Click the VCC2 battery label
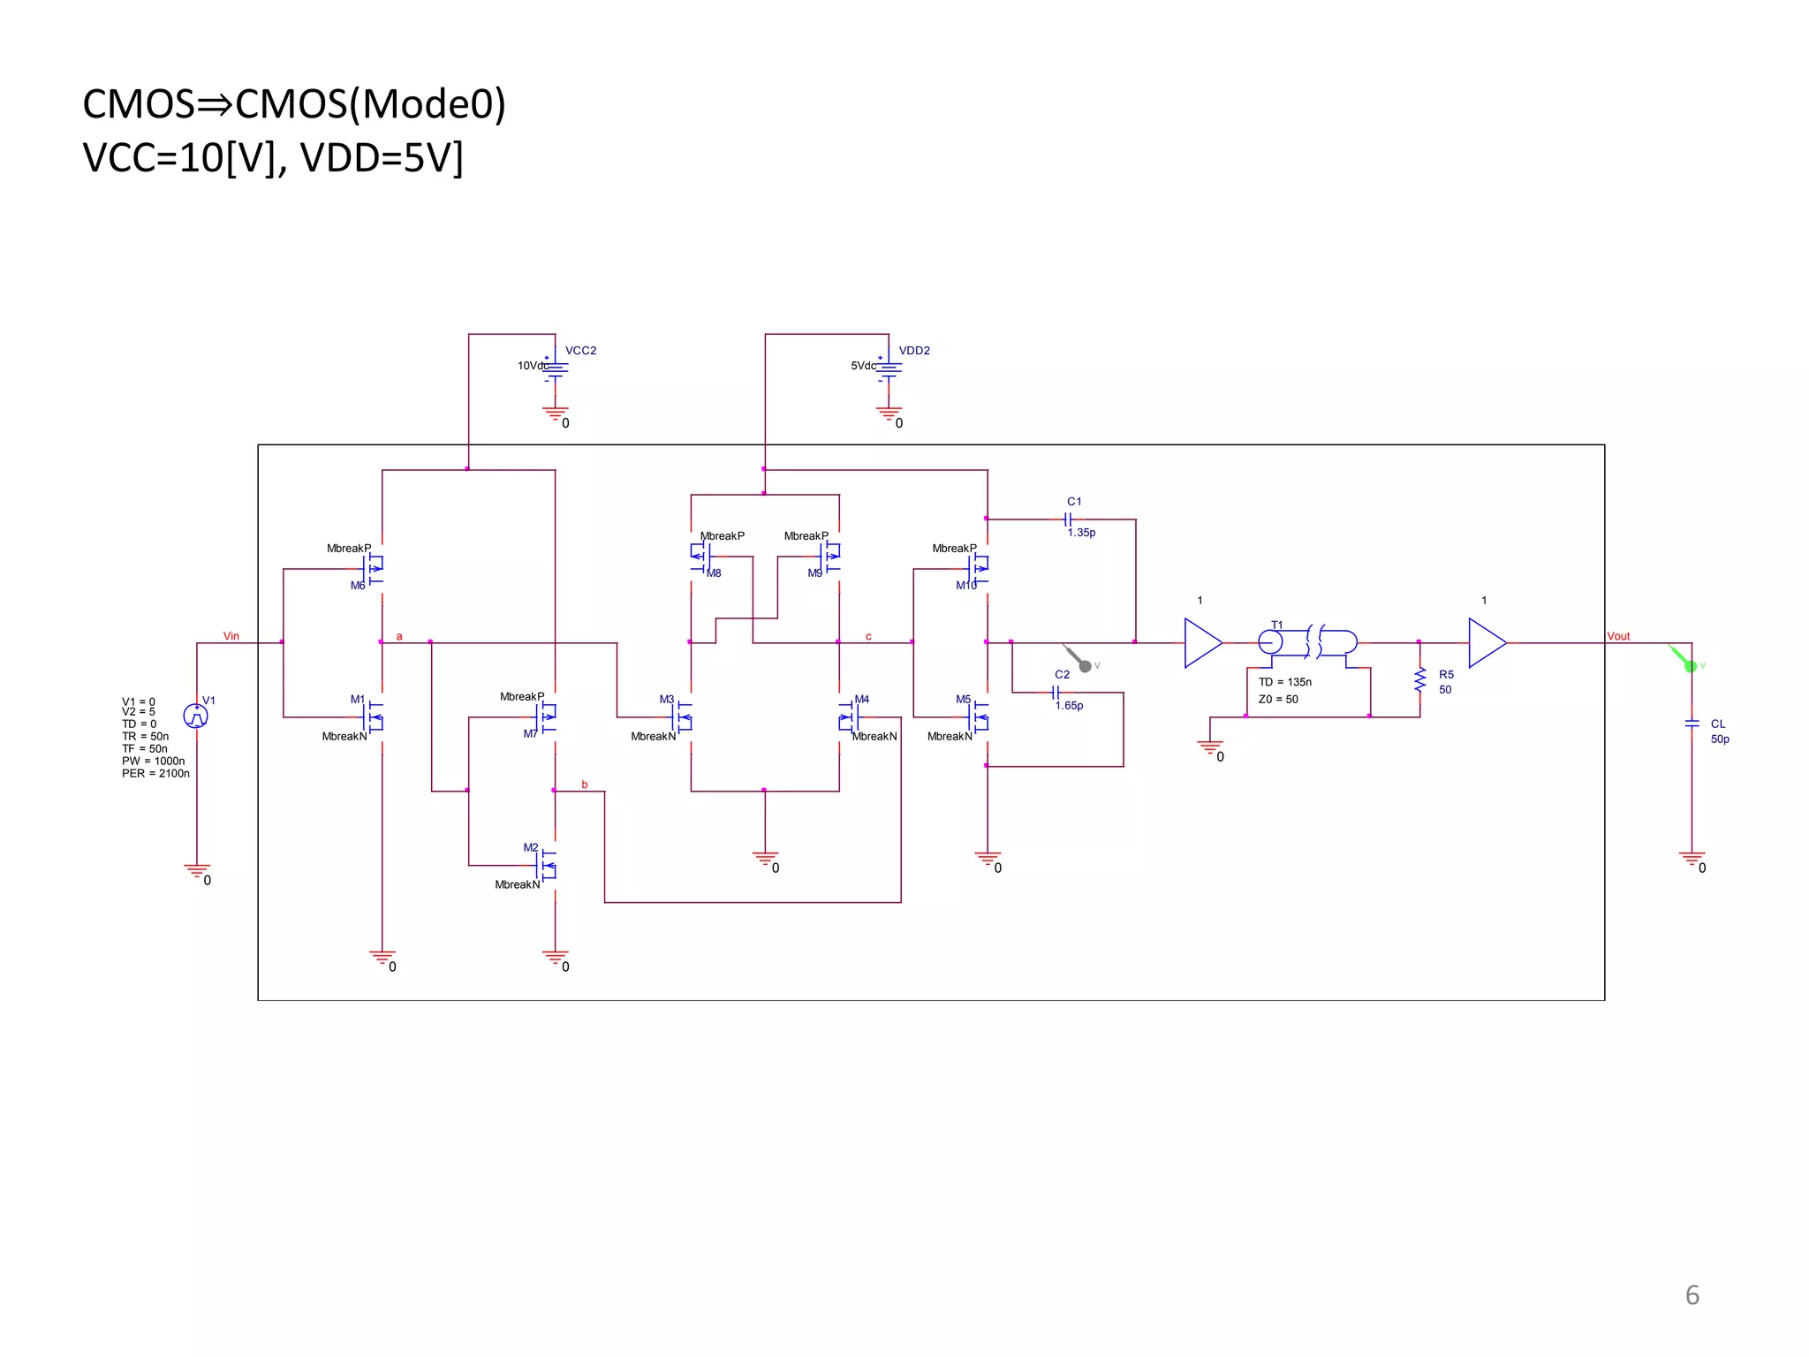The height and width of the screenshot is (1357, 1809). (580, 351)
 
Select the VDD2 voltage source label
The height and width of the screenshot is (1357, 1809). (914, 351)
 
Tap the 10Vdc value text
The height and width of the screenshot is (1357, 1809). (532, 366)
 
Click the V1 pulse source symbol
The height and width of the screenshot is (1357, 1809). (195, 716)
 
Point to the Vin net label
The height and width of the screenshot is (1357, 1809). (231, 636)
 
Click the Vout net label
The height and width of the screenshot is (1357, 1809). (1618, 636)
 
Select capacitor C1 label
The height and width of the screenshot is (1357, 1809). (1074, 502)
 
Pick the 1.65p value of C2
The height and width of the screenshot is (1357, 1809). (1069, 706)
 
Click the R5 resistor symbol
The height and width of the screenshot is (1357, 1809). (1420, 680)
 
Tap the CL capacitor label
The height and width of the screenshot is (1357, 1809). (1718, 724)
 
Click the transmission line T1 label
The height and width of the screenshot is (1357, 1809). (1276, 625)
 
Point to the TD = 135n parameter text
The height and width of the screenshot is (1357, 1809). (1285, 682)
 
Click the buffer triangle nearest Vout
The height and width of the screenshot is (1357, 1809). (1486, 643)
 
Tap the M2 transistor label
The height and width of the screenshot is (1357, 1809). (530, 847)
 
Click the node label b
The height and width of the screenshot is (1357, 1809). (585, 785)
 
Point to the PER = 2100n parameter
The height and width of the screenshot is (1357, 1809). (155, 774)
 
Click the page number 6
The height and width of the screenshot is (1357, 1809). (1692, 1295)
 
